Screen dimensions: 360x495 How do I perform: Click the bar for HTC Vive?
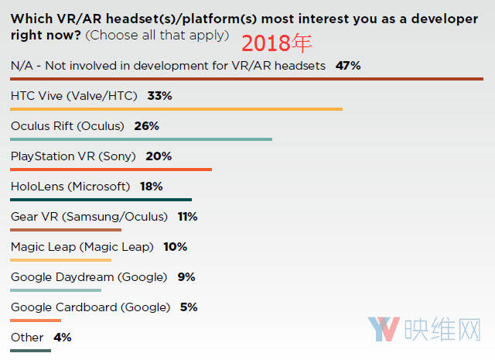click(176, 109)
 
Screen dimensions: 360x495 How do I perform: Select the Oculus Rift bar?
click(142, 139)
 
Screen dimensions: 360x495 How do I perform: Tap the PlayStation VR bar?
click(111, 169)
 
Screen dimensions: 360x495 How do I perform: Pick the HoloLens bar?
click(101, 199)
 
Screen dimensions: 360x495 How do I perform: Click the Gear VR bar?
click(66, 229)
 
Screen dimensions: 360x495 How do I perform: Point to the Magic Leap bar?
click(63, 259)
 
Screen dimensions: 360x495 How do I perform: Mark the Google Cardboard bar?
click(36, 320)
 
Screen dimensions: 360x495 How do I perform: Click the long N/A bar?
click(247, 79)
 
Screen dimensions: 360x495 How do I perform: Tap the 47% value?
click(348, 66)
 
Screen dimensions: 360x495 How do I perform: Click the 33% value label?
click(159, 96)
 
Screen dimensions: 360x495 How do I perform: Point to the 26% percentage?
click(146, 126)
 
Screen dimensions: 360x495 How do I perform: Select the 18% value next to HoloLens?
click(151, 187)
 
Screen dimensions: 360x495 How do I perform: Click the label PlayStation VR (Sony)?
click(73, 156)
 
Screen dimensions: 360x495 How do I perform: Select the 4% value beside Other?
click(63, 338)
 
